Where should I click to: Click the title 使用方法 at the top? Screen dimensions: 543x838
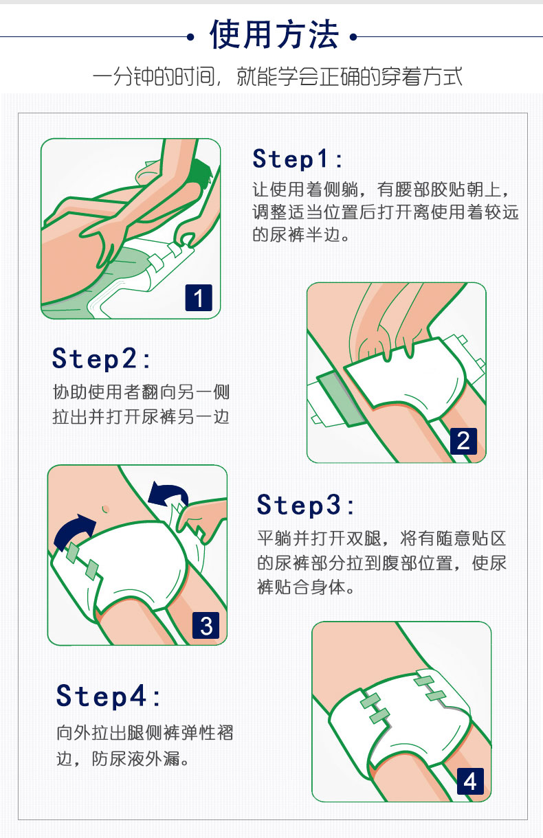[x=274, y=35]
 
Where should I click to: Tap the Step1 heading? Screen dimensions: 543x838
[x=298, y=159]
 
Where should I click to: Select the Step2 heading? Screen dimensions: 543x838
[x=101, y=359]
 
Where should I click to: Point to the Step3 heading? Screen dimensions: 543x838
[x=305, y=505]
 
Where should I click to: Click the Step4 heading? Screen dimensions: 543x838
[x=108, y=695]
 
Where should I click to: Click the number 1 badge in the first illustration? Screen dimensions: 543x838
[x=199, y=298]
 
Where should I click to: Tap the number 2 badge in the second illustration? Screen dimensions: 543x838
[x=463, y=441]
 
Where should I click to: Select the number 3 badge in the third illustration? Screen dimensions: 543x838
[x=206, y=626]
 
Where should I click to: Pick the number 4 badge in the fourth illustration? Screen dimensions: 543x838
[x=470, y=781]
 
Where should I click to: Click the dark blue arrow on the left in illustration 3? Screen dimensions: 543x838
[x=75, y=530]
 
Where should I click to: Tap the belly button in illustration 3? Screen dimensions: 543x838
[x=106, y=509]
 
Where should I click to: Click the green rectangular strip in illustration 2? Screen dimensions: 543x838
[x=341, y=398]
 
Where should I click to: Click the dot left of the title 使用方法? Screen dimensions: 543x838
[x=191, y=37]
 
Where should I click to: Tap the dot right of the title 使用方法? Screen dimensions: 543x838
[x=353, y=37]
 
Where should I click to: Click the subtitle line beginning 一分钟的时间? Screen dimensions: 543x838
[x=278, y=76]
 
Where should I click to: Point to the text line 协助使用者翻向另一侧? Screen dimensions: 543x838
[x=141, y=392]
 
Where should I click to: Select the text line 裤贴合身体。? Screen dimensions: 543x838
[x=306, y=587]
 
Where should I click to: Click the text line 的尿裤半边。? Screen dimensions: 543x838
[x=301, y=234]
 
